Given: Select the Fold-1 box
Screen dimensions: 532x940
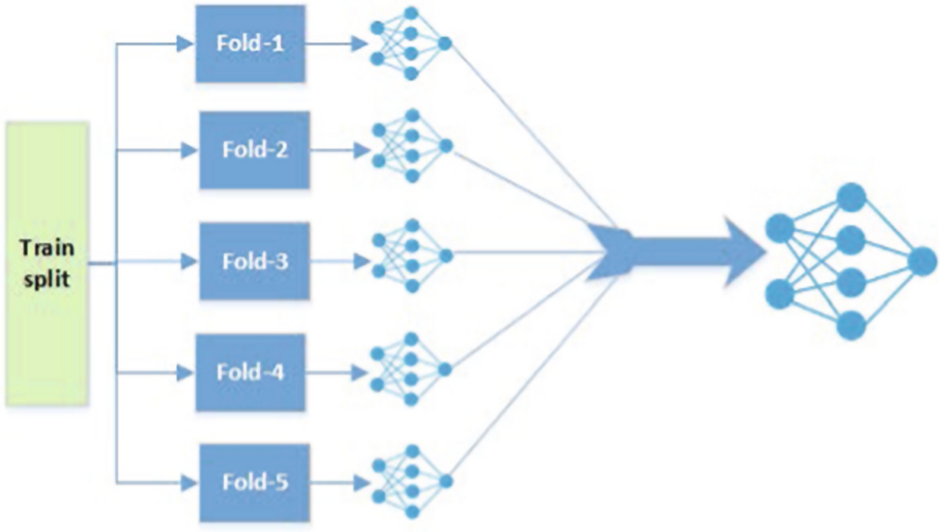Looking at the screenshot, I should point(249,42).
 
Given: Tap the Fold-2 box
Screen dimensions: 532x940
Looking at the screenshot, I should point(255,150).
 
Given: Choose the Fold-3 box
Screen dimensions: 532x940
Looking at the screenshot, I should point(255,260).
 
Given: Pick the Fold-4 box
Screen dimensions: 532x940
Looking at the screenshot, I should point(251,372).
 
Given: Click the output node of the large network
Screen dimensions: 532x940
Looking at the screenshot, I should point(922,261).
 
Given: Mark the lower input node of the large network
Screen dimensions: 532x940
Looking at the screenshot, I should point(780,294).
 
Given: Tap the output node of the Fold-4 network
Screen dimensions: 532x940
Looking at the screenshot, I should point(445,368).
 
